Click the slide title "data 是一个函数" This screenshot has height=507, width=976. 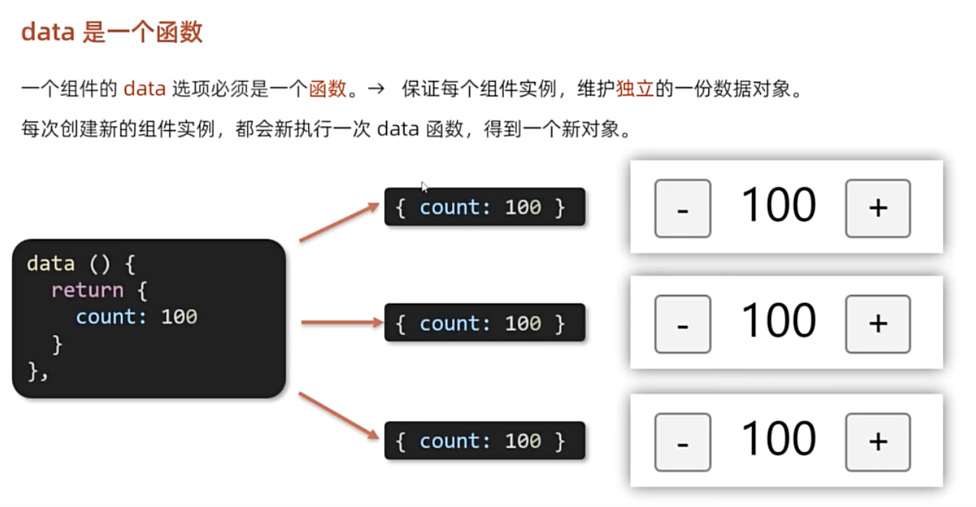coord(112,33)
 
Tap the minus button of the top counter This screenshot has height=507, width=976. coord(682,208)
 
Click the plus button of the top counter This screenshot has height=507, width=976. coord(877,208)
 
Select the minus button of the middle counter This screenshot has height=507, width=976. coord(682,324)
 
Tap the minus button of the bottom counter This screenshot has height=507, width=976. coord(682,442)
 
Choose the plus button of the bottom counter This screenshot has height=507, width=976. coord(877,442)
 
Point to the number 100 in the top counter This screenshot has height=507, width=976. coord(779,206)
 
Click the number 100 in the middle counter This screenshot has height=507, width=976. coord(779,321)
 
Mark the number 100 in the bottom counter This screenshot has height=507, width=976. coord(779,439)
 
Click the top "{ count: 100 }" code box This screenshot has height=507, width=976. coord(484,207)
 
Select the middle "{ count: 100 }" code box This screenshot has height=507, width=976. coord(484,323)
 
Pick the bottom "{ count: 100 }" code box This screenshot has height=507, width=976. coord(484,440)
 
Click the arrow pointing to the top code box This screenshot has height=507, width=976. coord(339,222)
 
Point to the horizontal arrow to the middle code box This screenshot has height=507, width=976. coord(341,323)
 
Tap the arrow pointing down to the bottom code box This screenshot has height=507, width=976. coord(339,416)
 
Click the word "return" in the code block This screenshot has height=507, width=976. coord(86,290)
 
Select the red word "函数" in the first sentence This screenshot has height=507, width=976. coord(328,89)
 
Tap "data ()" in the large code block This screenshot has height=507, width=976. coord(70,264)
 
